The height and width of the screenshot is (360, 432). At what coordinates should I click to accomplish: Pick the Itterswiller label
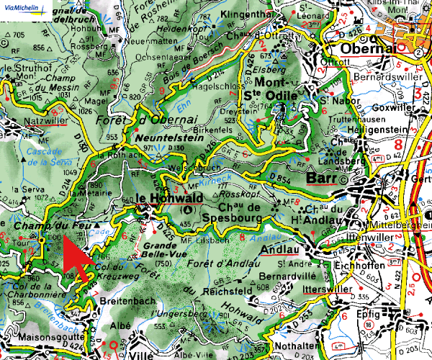coord(326,289)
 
